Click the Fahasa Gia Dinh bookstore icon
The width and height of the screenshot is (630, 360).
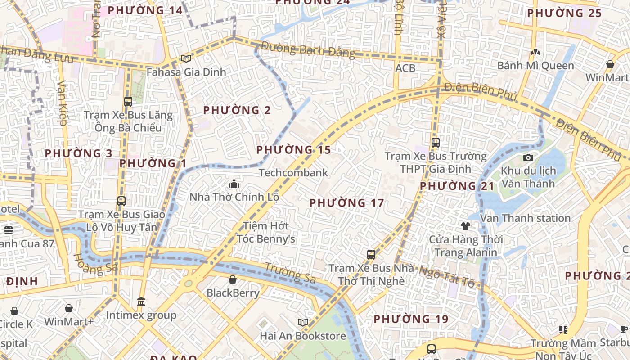[186, 58]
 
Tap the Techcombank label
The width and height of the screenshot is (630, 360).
[293, 173]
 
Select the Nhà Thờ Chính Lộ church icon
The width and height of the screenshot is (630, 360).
[234, 184]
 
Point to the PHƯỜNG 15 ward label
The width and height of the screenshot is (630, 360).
[293, 150]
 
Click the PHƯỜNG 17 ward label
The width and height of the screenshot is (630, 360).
[346, 203]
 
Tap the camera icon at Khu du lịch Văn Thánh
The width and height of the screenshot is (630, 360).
[528, 157]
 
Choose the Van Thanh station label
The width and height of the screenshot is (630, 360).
[525, 218]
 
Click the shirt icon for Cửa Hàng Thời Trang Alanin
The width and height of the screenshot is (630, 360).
[465, 226]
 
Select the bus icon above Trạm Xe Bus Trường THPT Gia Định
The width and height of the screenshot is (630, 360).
[435, 143]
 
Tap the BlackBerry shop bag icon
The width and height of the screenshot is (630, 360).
[233, 280]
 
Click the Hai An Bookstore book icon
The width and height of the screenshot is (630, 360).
[303, 322]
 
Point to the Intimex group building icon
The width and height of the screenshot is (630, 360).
[141, 301]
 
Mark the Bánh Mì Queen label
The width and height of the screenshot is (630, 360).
[535, 66]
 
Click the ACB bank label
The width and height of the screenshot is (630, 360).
[405, 68]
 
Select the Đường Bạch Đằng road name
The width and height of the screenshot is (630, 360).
[308, 49]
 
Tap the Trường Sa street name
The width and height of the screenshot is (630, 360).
[290, 273]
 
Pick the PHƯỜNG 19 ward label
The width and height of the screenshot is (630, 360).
[411, 319]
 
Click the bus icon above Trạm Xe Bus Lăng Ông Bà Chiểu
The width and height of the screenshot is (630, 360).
[128, 102]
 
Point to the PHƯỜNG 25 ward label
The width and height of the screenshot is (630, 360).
[564, 13]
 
